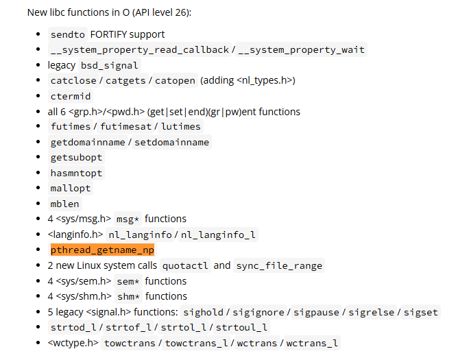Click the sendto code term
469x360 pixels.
click(x=67, y=34)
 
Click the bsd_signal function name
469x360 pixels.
click(x=110, y=66)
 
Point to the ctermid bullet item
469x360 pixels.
click(x=71, y=97)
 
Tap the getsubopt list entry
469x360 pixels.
click(x=76, y=158)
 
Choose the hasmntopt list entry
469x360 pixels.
click(x=76, y=173)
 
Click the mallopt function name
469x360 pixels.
click(x=71, y=189)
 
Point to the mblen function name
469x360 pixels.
click(x=64, y=204)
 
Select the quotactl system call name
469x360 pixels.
click(x=184, y=266)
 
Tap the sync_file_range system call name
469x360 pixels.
click(x=278, y=266)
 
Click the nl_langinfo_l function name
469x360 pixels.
click(x=218, y=235)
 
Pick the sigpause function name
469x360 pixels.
click(x=317, y=313)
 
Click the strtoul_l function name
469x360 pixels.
click(x=240, y=328)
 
